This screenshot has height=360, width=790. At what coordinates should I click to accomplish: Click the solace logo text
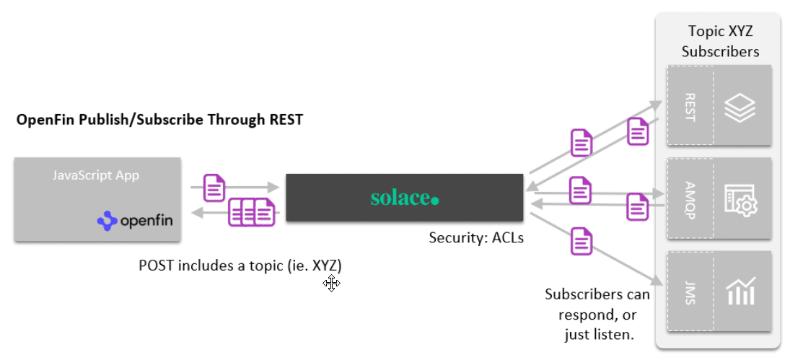click(404, 198)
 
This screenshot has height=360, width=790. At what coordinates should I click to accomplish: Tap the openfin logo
click(136, 220)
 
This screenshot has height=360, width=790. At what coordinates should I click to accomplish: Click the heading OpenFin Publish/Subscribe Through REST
click(159, 120)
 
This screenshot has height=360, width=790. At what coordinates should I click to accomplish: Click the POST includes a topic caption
click(240, 265)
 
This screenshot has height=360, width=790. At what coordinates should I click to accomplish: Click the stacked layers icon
click(738, 106)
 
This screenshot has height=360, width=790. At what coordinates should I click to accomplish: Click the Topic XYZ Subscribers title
click(720, 41)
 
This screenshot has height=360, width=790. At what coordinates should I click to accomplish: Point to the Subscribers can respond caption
click(597, 314)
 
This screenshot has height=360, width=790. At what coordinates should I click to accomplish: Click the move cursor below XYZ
click(332, 284)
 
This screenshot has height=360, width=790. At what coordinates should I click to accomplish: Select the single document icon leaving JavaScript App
click(214, 188)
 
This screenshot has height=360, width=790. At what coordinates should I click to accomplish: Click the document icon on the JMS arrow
click(581, 240)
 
